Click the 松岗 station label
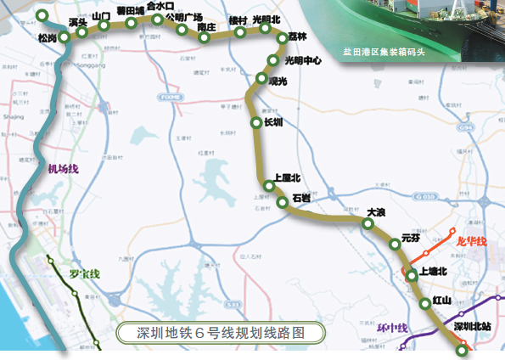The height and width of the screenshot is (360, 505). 48,38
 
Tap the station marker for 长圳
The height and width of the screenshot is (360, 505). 256,123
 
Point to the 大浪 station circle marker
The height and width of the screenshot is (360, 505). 368,224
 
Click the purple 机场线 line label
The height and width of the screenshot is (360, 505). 64,169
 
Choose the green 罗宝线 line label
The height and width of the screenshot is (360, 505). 86,273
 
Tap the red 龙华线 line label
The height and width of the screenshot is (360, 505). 470,241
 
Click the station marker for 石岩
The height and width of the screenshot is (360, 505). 282,202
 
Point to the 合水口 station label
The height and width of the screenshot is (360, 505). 160,6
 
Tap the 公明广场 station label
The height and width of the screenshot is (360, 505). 184,16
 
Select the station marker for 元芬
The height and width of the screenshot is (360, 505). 395,245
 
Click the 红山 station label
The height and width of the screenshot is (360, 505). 440,301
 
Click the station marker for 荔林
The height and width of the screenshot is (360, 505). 283,37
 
